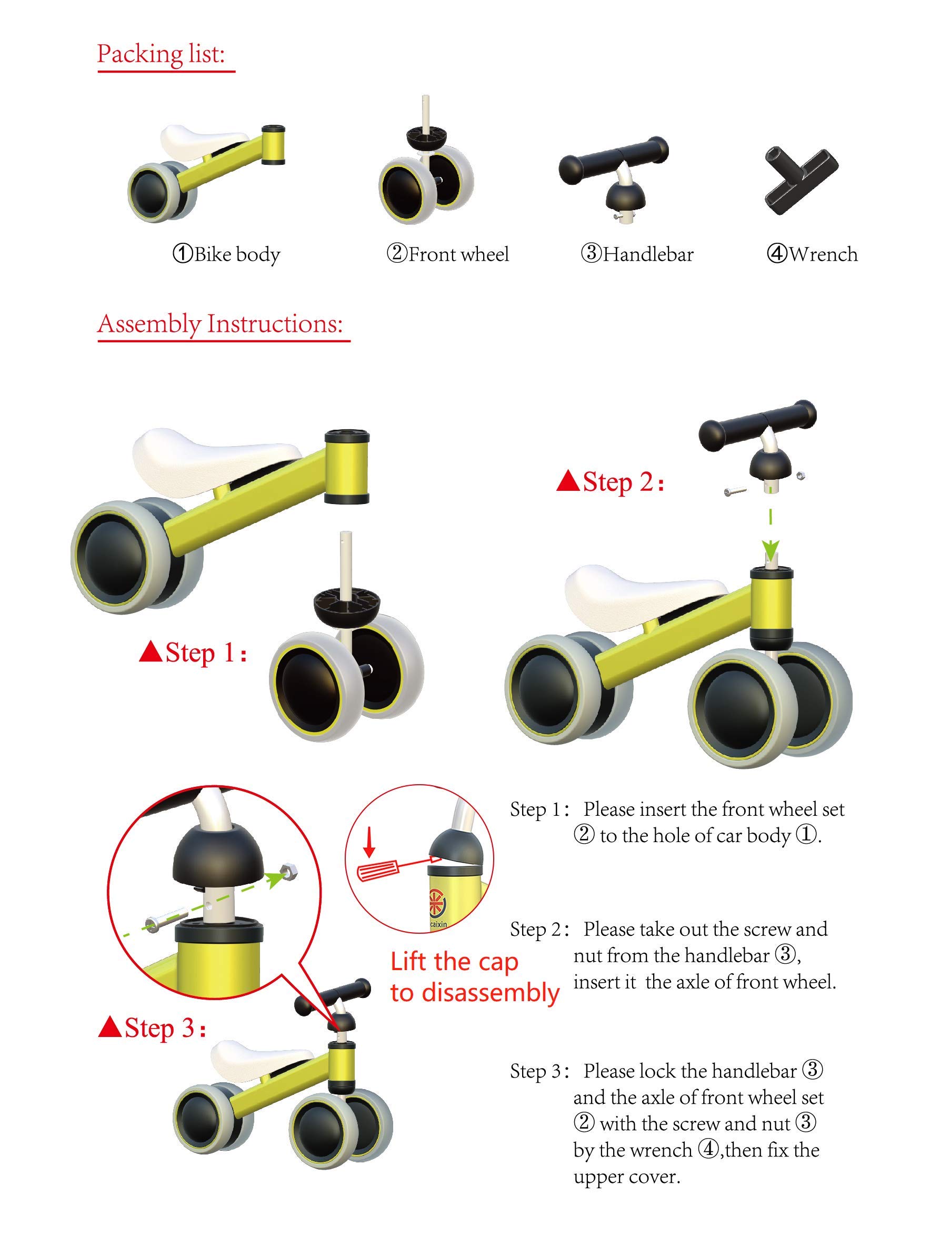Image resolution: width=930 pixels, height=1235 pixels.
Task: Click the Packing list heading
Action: (x=161, y=54)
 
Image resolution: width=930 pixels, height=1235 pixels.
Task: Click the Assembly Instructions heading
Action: (x=220, y=324)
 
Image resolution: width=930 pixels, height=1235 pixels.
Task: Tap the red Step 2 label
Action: (x=619, y=482)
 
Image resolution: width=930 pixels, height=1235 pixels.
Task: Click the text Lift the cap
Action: (x=454, y=962)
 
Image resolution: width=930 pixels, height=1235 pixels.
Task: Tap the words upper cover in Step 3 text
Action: (x=626, y=1177)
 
